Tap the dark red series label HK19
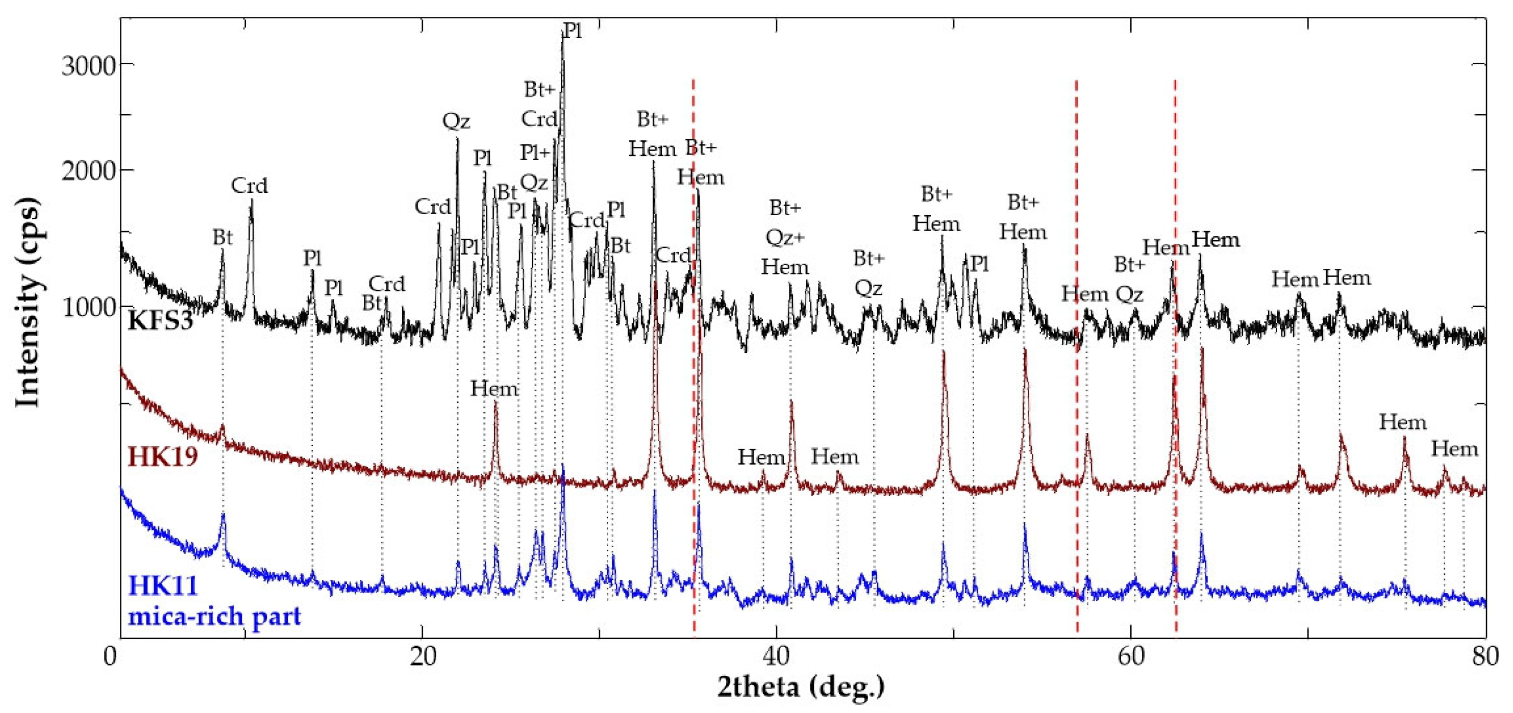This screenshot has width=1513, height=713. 162,456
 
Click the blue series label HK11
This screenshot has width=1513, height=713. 163,585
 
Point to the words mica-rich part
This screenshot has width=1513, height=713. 214,616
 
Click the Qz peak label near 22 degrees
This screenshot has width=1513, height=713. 456,121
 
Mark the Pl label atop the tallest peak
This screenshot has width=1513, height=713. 572,31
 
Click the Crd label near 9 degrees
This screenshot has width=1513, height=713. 249,186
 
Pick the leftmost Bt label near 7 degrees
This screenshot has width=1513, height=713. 222,238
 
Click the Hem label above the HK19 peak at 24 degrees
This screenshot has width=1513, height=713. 494,389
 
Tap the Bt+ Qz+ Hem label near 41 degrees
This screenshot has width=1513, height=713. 785,238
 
